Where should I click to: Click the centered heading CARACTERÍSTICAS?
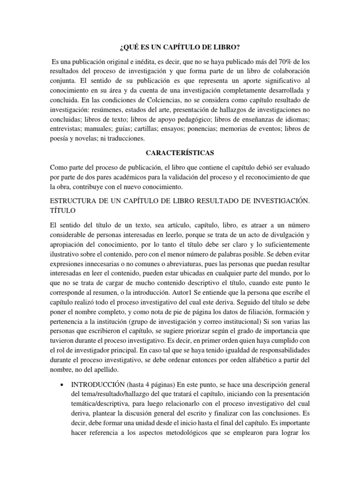coord(180,153)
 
